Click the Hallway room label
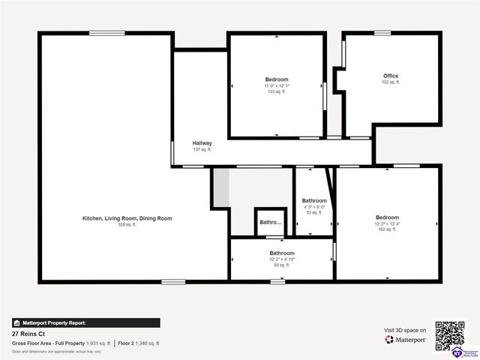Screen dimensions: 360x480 202,143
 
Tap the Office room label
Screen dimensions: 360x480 391,76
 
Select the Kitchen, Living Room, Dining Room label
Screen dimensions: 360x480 127,218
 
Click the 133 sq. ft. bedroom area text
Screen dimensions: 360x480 276,91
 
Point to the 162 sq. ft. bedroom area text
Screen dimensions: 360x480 388,229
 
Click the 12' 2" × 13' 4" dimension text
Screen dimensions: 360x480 388,223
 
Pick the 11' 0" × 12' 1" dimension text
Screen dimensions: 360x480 276,85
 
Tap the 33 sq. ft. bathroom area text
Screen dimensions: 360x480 314,213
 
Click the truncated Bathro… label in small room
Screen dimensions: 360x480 271,222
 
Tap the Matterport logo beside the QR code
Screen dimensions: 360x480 405,340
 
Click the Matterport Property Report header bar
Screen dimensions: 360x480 85,323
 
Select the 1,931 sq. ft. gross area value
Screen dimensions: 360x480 98,343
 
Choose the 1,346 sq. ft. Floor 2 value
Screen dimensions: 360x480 148,343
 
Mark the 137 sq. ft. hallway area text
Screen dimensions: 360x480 202,149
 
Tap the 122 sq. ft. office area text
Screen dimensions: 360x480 391,82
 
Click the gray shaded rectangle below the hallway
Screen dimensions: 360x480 220,187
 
